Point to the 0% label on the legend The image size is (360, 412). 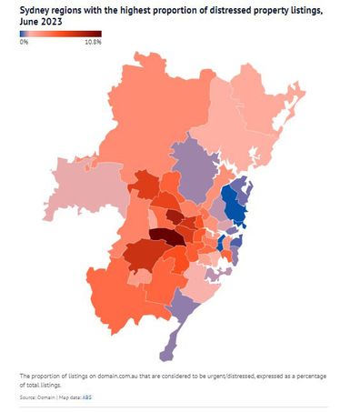tap(25, 43)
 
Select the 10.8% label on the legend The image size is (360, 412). tap(92, 43)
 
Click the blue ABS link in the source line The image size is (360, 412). tap(87, 397)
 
